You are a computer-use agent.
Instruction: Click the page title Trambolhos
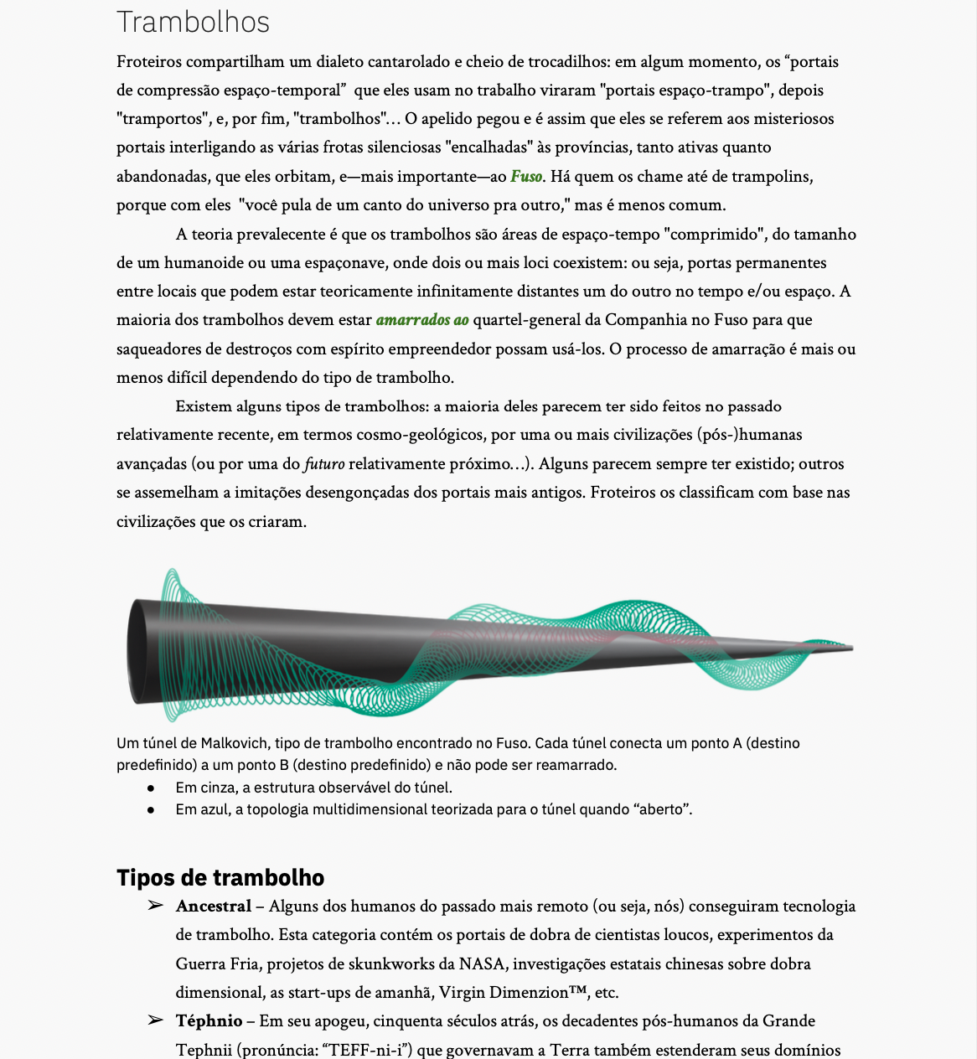coord(193,22)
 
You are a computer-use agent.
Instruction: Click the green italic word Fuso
coord(526,177)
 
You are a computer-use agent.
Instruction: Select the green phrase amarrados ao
coord(422,320)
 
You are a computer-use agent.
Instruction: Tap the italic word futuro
coord(324,464)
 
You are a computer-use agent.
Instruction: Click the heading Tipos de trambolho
coord(220,877)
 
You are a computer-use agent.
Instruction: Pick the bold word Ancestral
coord(214,907)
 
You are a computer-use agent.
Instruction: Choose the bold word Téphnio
coord(209,1021)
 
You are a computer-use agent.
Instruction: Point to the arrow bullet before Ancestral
coord(155,906)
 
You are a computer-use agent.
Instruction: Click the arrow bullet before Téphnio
coord(155,1020)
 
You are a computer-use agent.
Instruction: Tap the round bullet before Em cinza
coord(151,788)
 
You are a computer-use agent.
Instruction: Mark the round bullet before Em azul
coord(151,810)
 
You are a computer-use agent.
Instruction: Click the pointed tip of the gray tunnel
coord(850,647)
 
